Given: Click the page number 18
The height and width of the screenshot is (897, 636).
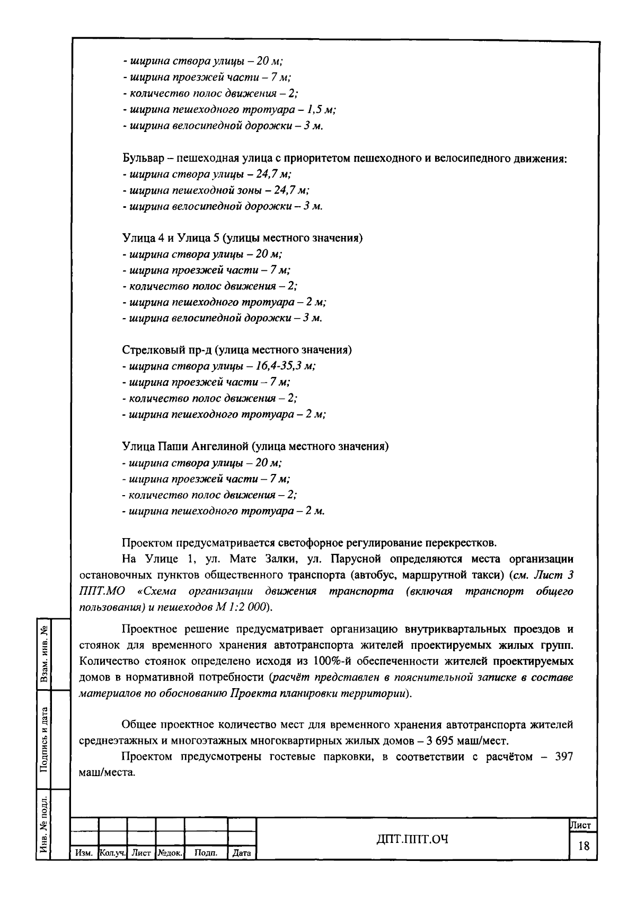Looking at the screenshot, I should tap(584, 846).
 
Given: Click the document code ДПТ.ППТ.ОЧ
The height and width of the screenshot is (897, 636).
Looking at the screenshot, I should tap(412, 839).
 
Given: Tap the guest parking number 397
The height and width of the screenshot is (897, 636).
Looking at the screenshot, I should tap(563, 757).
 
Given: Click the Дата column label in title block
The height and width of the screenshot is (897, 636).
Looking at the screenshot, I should tap(242, 854).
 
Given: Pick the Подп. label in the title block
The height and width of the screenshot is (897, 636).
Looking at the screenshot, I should tap(206, 854).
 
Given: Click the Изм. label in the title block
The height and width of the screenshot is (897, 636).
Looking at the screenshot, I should tap(84, 854).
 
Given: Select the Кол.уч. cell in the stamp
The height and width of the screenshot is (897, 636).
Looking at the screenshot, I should tap(112, 854).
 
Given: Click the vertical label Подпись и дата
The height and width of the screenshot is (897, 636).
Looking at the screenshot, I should tap(45, 739).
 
